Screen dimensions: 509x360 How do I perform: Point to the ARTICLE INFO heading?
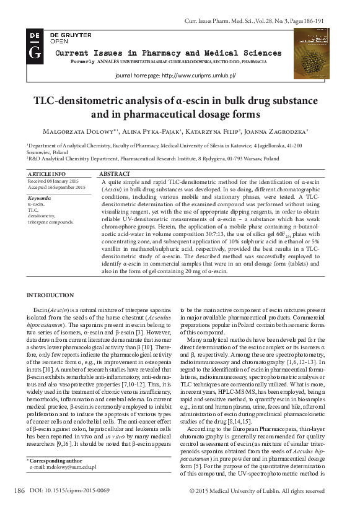(x=47, y=174)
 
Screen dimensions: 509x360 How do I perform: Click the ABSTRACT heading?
(x=115, y=174)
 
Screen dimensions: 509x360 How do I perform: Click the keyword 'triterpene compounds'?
(x=50, y=221)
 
